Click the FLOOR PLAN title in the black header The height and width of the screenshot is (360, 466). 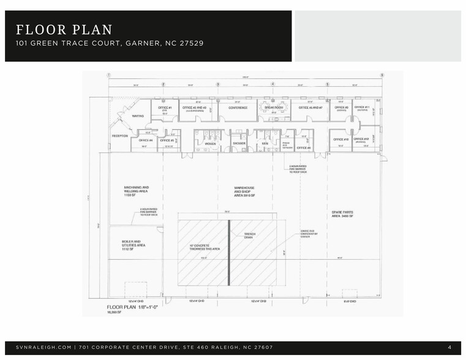tap(64, 29)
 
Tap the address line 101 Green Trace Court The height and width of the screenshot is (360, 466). tap(110, 43)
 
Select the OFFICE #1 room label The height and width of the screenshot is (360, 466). tap(165, 108)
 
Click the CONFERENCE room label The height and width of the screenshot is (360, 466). tap(238, 108)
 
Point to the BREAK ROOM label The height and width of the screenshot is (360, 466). tap(274, 108)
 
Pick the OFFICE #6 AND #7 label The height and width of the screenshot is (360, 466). tap(310, 108)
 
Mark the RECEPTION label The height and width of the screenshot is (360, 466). tap(119, 135)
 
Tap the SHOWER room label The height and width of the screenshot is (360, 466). tap(239, 144)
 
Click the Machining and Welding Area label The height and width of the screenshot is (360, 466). tap(137, 189)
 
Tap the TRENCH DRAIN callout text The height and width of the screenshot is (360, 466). tap(250, 236)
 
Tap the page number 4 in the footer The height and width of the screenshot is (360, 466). tap(449, 348)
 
